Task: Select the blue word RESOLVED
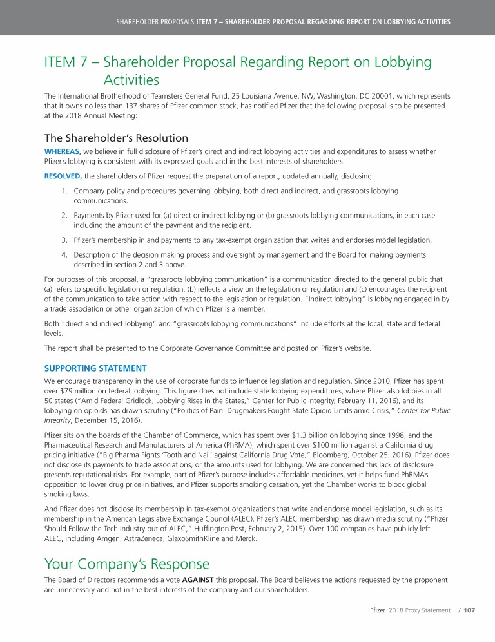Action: click(x=63, y=175)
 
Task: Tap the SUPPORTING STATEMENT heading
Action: click(x=95, y=368)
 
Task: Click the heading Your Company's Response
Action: click(x=126, y=564)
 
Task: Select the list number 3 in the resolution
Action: click(x=65, y=240)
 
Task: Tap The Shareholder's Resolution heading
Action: click(x=116, y=138)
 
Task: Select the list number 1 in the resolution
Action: click(x=65, y=191)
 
